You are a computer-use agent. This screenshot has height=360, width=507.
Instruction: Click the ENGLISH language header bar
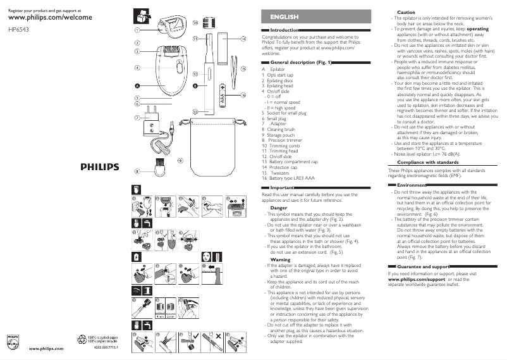point(284,16)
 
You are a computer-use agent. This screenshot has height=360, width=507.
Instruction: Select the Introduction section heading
point(284,30)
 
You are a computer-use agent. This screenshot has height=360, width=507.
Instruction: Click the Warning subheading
point(280,259)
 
